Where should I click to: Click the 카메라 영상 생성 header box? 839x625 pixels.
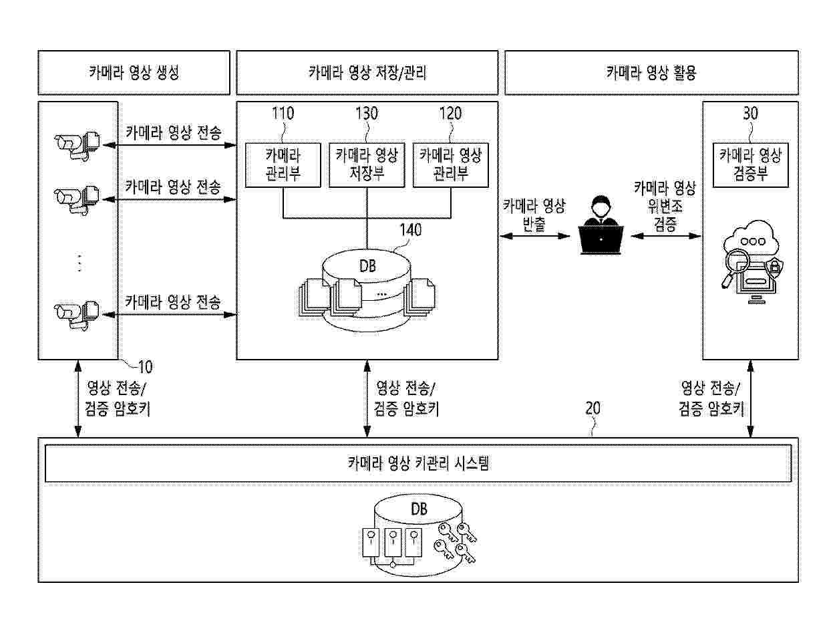coord(134,72)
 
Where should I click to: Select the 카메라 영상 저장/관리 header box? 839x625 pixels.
coord(367,72)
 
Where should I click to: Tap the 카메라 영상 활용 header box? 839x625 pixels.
coord(651,72)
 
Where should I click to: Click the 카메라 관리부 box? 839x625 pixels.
coord(283,165)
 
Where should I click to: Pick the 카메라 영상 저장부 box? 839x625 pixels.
coord(367,165)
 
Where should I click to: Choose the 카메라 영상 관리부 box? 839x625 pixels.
coord(450,165)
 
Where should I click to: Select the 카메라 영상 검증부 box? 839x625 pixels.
coord(750,165)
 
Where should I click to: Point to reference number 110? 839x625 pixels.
coord(283,113)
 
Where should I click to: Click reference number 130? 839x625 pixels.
coord(367,113)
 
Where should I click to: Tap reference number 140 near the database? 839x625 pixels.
coord(411,230)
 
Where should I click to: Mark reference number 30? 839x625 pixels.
coord(750,113)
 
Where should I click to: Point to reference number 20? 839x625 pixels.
coord(593,408)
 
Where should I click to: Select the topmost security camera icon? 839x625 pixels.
coord(77,146)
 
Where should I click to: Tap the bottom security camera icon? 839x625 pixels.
coord(77,315)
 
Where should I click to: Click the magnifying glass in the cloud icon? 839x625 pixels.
coord(735,268)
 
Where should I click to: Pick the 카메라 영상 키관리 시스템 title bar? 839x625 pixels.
coord(418,463)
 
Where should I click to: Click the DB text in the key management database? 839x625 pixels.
coord(419,509)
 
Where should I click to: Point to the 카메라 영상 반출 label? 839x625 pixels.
coord(534,215)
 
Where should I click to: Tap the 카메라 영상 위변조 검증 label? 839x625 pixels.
coord(665,206)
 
